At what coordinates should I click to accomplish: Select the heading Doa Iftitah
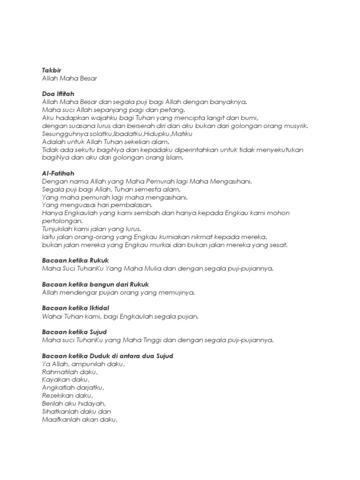tap(58, 94)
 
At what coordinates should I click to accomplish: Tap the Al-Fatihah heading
tap(58, 173)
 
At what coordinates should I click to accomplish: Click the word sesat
tap(277, 245)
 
